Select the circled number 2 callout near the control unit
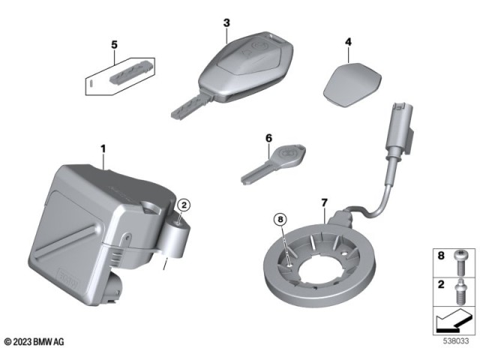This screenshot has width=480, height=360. (x=183, y=203)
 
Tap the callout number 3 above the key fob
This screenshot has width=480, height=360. (x=226, y=23)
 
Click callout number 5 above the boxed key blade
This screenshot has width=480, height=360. (x=114, y=45)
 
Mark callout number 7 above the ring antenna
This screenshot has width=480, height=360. (x=324, y=203)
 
